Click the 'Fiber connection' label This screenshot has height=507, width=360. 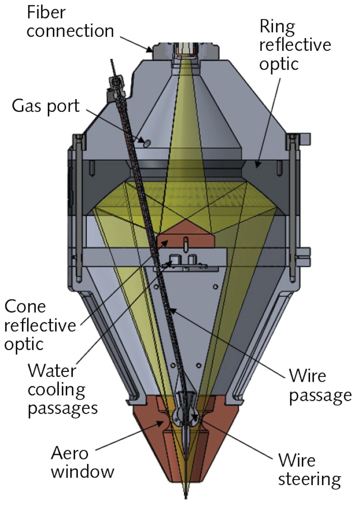[x=70, y=22]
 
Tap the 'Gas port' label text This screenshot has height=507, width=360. [x=45, y=106]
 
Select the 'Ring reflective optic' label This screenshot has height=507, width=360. [x=295, y=45]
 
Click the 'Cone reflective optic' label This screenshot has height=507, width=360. [x=40, y=325]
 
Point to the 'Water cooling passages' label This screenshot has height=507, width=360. [x=63, y=390]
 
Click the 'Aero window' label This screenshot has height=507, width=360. [x=82, y=462]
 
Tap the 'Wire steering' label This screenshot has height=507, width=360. [x=309, y=470]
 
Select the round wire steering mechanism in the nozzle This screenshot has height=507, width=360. [x=186, y=417]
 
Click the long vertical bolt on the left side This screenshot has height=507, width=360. [x=78, y=204]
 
